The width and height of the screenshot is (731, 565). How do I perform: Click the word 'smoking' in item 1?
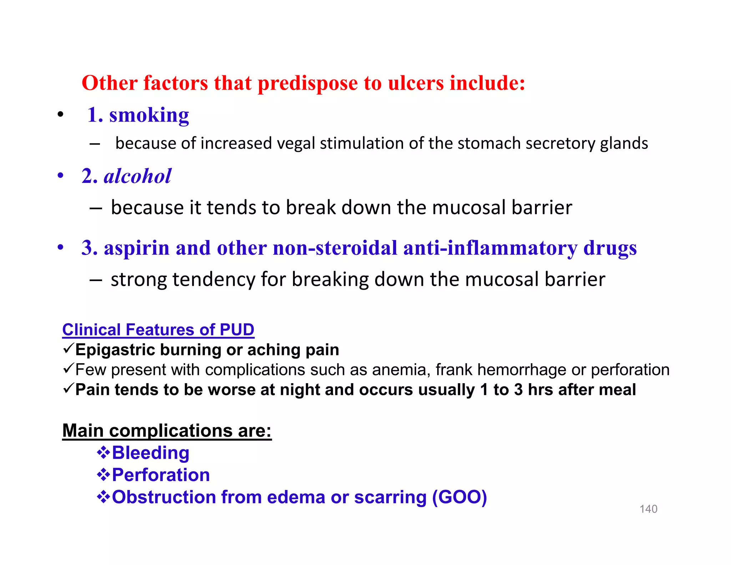tap(149, 115)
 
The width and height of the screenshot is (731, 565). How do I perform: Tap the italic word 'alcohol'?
tap(137, 176)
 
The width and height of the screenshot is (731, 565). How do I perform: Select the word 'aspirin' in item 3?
tap(136, 248)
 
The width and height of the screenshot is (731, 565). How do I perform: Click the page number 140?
tap(648, 509)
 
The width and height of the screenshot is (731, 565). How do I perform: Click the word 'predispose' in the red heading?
tap(307, 83)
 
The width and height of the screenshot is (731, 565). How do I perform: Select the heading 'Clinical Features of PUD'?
tap(158, 330)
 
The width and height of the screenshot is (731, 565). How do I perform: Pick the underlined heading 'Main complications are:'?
tap(167, 431)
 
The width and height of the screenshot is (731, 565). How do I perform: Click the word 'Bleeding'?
tap(150, 453)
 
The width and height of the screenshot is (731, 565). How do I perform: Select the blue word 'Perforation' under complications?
tap(161, 475)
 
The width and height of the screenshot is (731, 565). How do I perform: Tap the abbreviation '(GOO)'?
tap(459, 497)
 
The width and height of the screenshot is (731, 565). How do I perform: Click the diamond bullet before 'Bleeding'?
tap(103, 453)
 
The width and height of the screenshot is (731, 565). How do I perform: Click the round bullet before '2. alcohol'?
tap(60, 176)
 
